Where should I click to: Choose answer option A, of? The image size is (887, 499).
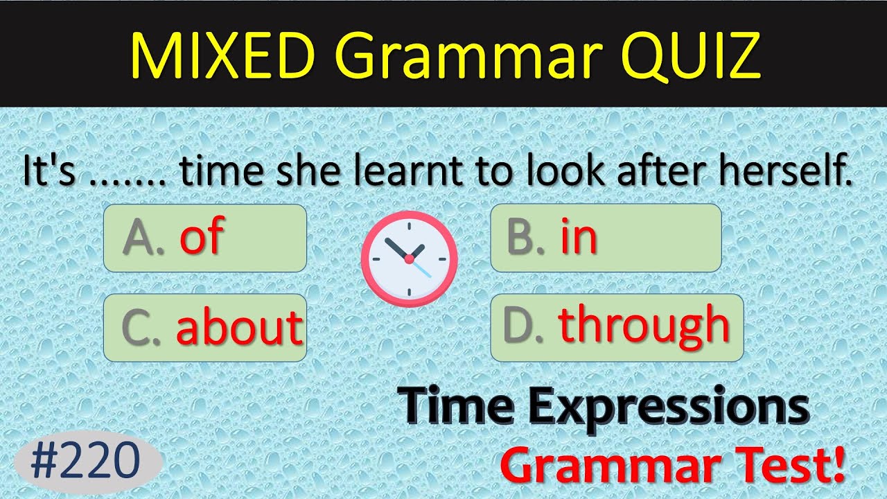(204, 238)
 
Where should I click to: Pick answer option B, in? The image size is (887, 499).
(605, 238)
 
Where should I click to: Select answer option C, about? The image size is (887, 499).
(204, 327)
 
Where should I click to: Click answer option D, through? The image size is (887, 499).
(616, 327)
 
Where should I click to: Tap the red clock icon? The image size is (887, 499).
(409, 259)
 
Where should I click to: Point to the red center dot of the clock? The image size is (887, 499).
(409, 259)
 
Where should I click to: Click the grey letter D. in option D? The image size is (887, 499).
(524, 327)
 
